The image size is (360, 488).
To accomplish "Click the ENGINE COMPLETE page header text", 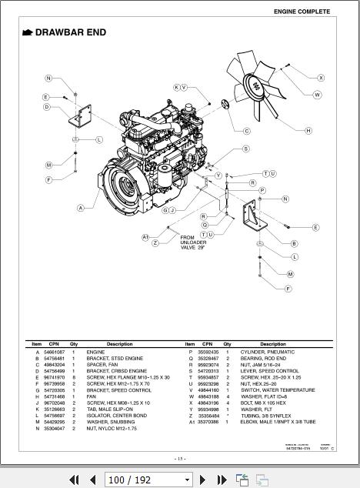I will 302,12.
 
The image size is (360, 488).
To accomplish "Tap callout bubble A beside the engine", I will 81,208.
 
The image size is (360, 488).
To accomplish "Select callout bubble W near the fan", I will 317,95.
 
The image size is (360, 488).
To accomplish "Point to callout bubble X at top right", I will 321,78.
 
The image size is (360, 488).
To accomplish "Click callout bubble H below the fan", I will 308,131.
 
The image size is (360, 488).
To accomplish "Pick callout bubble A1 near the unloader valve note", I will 145,237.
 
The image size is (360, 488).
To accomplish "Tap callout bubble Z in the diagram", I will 155,243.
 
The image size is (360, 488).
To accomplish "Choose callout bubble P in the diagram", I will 262,190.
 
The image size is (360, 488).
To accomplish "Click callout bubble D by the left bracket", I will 47,107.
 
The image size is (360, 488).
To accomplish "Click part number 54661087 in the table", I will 55,351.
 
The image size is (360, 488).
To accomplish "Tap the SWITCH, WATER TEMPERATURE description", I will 277,390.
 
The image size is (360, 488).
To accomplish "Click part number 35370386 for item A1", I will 208,423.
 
